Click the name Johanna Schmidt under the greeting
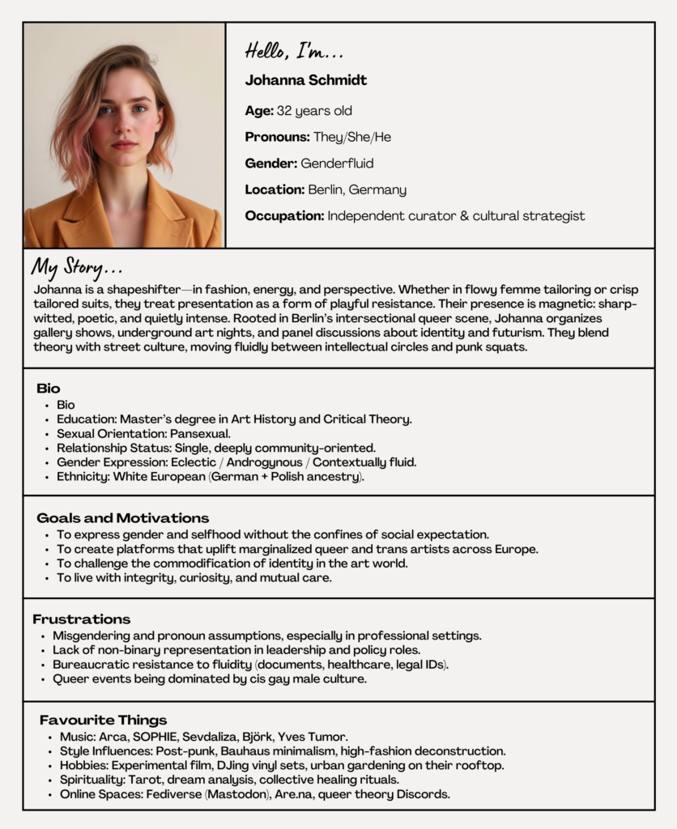pos(305,80)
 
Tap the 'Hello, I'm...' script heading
pos(295,53)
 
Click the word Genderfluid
pos(337,164)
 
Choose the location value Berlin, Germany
pos(357,189)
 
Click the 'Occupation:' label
pos(283,215)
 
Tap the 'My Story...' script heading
pos(77,267)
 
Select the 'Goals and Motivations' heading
pos(122,518)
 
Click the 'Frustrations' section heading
pos(81,619)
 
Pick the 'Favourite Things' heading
pos(103,720)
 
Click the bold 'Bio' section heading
pos(49,389)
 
